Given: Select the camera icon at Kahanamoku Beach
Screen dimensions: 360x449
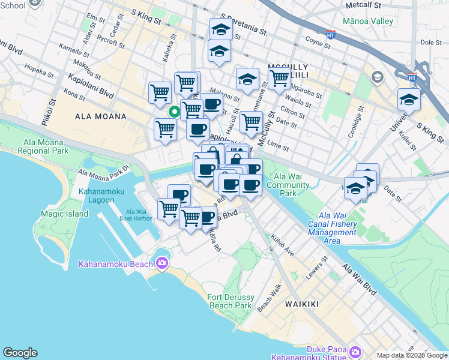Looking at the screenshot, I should tap(161, 263).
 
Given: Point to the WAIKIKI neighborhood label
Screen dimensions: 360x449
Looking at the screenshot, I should tap(301, 304).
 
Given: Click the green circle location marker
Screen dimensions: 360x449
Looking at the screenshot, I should tap(173, 112).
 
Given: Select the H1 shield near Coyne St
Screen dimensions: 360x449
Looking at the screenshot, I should tap(330, 35).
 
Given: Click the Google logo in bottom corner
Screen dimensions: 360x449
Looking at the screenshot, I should tap(20, 353).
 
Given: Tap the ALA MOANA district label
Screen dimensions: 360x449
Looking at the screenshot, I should tap(101, 116).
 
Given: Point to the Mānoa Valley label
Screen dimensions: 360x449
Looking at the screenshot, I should tap(367, 22).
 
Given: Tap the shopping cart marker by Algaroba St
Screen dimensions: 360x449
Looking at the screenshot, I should tap(279, 77).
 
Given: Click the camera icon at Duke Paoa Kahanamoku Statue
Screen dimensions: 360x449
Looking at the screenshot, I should tap(355, 351).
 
